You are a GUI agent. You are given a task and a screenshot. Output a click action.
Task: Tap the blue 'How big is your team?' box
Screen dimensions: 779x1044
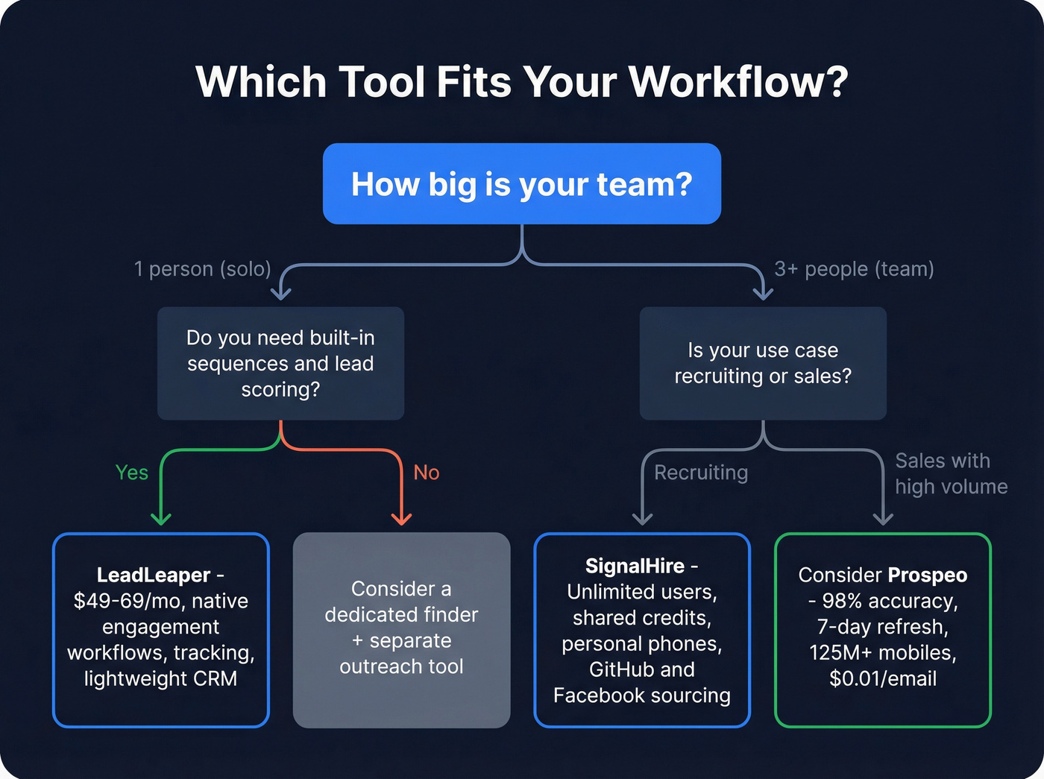(521, 184)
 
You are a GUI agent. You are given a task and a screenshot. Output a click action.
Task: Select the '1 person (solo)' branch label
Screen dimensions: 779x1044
(202, 269)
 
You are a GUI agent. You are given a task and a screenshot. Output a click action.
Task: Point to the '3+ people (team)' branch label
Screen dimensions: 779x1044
(854, 269)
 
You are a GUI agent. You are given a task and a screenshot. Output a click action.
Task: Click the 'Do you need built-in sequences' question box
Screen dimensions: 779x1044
(280, 364)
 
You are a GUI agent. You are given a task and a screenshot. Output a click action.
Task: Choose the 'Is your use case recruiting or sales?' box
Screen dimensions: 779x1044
(763, 364)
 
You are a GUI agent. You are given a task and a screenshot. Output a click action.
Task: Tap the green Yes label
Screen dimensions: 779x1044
(132, 473)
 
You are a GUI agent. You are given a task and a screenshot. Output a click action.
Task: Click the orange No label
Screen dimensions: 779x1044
(427, 473)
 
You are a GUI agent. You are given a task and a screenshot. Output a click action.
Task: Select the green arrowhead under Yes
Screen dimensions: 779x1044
(161, 518)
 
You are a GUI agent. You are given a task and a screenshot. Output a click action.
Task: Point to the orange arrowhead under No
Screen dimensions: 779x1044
(402, 518)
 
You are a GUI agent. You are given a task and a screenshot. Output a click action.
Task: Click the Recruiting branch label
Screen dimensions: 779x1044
(701, 473)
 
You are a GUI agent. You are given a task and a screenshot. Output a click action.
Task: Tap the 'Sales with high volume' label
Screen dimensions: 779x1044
(951, 474)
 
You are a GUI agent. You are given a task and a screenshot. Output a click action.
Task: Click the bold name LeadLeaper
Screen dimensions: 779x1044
(154, 575)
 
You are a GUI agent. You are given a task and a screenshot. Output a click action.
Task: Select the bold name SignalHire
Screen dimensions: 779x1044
(635, 567)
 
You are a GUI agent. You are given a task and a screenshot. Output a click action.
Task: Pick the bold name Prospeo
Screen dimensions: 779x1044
(928, 575)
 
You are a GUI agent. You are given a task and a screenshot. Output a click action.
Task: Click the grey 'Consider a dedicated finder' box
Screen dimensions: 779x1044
(402, 630)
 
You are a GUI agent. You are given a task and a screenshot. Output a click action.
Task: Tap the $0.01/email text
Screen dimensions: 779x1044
(883, 679)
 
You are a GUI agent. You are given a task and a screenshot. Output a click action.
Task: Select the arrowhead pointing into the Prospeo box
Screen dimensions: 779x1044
(883, 518)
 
